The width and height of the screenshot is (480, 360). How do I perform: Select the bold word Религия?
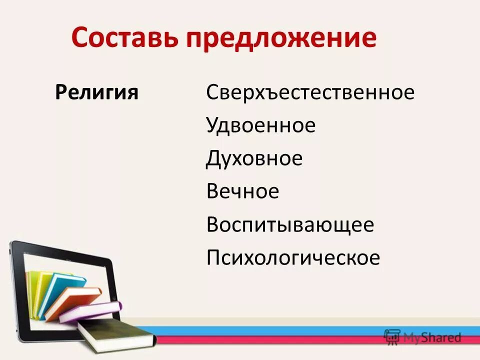96,92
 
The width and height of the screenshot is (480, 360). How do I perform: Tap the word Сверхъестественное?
310,92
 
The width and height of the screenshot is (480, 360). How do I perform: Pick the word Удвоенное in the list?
260,125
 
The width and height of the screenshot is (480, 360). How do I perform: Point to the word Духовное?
254,158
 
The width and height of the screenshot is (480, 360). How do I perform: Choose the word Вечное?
242,191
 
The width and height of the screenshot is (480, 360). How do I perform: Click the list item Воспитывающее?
290,225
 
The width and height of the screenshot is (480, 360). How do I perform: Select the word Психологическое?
293,258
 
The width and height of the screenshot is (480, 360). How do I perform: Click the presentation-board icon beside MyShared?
393,336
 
